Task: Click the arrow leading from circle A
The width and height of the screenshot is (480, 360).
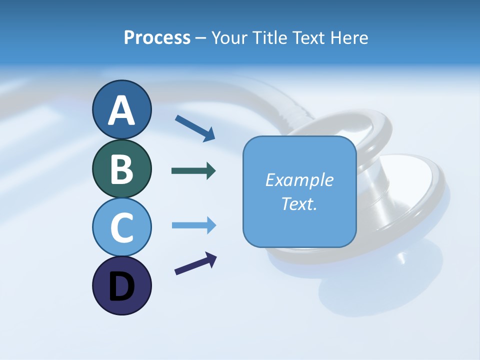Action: (x=195, y=128)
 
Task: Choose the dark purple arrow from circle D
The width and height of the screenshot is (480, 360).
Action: (x=195, y=264)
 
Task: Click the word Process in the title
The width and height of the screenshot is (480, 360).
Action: (x=157, y=38)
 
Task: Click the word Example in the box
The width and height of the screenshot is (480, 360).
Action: (x=299, y=180)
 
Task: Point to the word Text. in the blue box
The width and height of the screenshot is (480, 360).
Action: (x=299, y=203)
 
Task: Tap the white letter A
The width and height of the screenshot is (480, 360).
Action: (x=121, y=110)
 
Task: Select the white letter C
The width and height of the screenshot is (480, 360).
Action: (x=121, y=228)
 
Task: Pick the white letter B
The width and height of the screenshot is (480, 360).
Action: (x=121, y=169)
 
